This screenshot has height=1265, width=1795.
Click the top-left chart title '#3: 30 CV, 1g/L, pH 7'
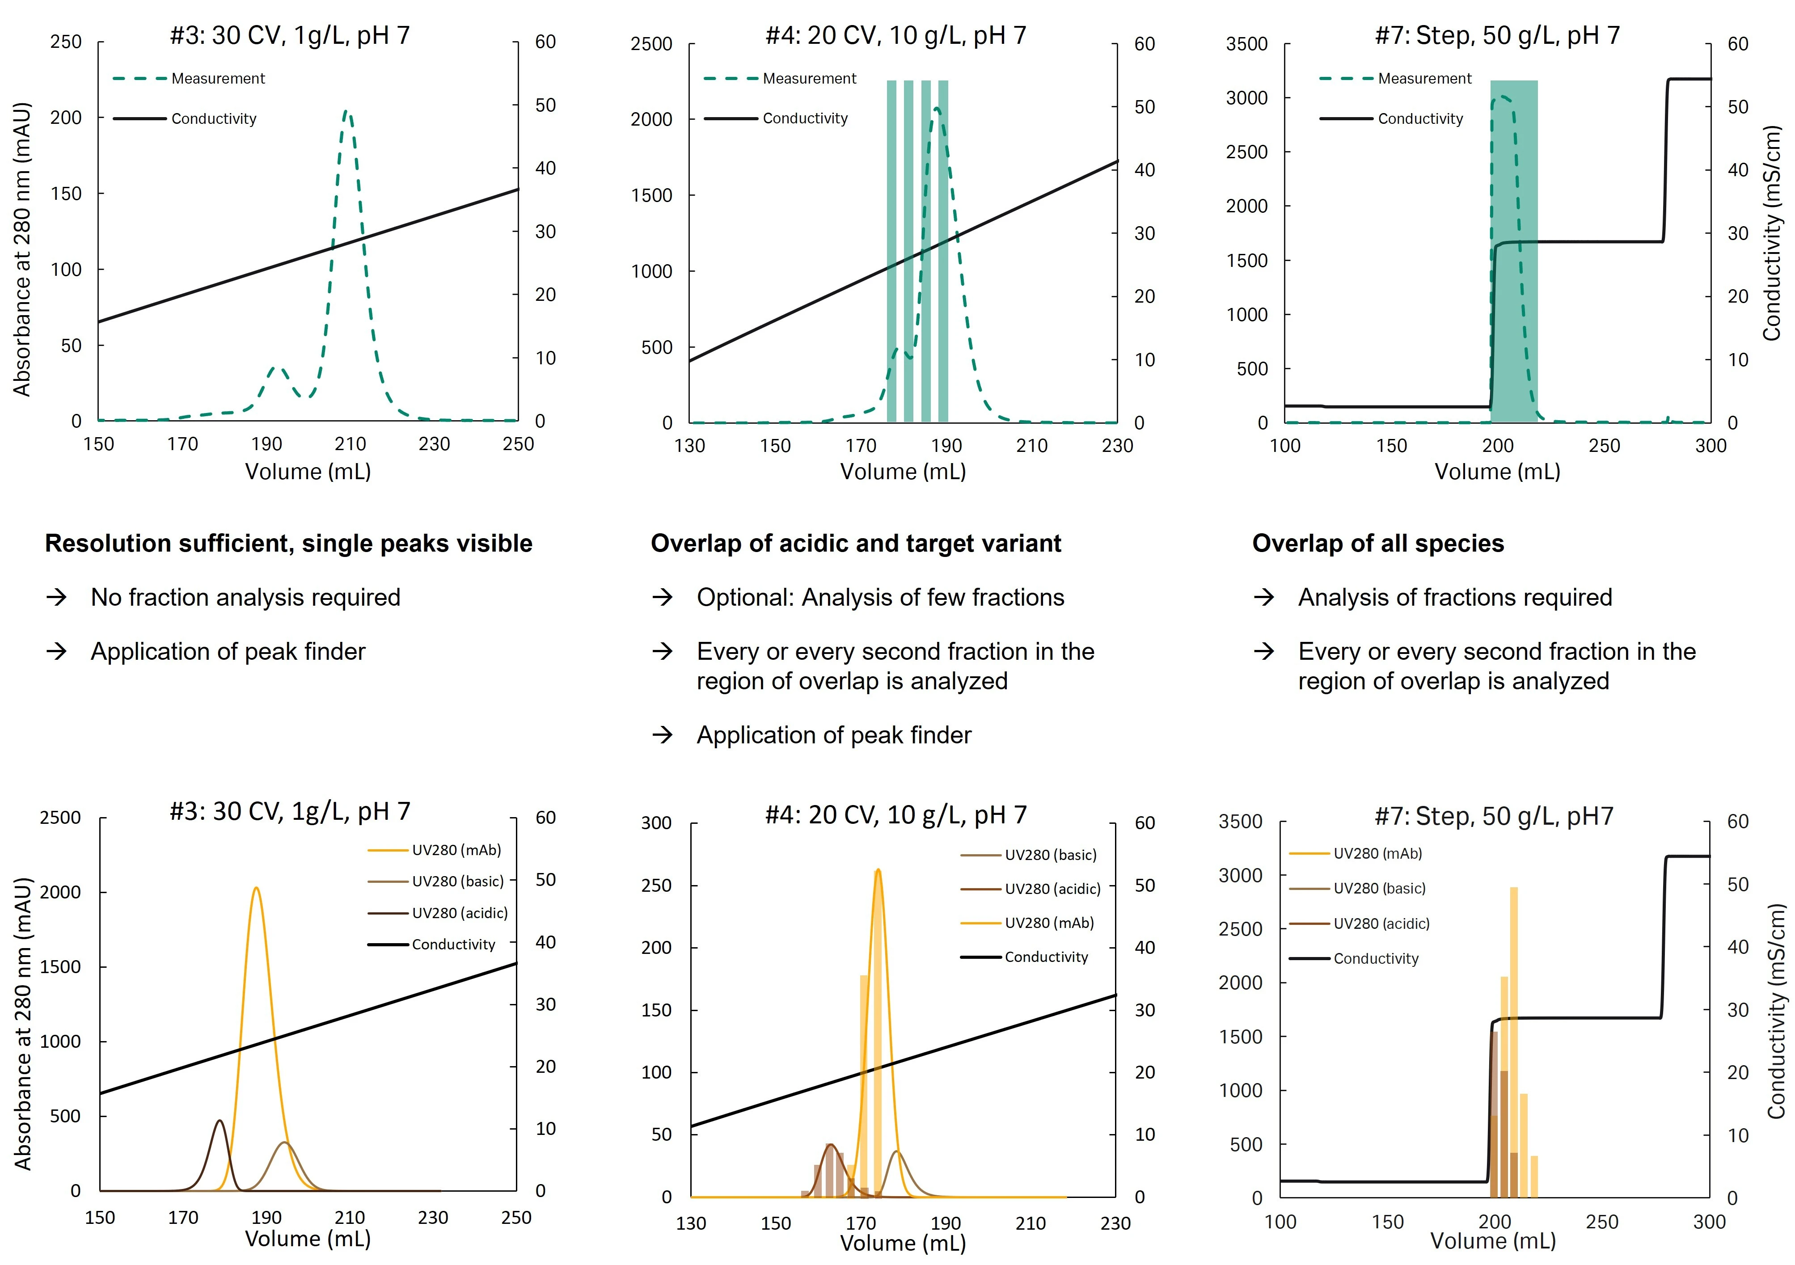289,35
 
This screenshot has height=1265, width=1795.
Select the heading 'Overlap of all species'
1377,544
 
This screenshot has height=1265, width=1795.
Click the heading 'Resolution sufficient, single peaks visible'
288,544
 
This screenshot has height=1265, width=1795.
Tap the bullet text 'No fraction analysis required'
245,597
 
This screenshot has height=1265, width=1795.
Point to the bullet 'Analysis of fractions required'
1455,597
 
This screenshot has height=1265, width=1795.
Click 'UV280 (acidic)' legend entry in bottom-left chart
460,913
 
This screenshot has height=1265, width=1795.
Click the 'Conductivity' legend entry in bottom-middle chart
1046,957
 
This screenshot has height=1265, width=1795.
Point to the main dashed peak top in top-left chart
347,114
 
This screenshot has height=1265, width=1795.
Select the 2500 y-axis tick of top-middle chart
651,44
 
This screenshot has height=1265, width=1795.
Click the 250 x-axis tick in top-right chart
1604,446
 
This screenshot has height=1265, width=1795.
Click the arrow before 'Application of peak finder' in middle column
663,735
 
